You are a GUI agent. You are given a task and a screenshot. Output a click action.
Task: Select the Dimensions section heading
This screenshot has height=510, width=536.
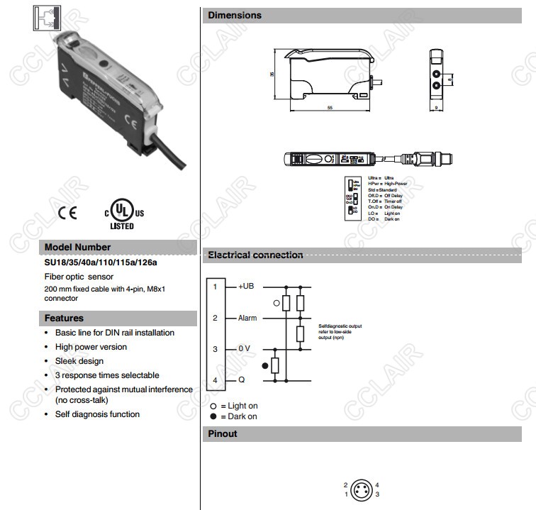[x=235, y=15]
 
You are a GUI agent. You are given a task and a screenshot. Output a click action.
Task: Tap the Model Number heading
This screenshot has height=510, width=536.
[x=78, y=247]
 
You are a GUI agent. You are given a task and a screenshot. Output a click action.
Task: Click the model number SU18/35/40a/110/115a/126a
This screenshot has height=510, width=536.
[x=101, y=262]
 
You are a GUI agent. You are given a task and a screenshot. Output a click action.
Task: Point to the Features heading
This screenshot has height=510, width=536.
[x=64, y=318]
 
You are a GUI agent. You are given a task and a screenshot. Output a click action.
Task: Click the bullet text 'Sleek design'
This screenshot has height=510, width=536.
[x=79, y=361]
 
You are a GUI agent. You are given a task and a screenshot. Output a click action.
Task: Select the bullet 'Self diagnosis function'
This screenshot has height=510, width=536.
[x=97, y=414]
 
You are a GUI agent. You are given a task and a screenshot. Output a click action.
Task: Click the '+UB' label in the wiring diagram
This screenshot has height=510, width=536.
[x=245, y=286]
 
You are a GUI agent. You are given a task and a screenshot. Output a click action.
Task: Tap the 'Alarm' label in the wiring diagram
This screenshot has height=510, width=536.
[x=247, y=318]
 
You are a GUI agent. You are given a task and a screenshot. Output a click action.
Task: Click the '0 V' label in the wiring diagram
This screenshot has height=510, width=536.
[x=245, y=349]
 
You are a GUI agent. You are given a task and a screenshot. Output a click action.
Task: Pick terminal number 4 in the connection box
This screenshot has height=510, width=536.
[x=215, y=380]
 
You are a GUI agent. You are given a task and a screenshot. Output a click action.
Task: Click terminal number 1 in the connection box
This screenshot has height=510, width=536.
[x=215, y=286]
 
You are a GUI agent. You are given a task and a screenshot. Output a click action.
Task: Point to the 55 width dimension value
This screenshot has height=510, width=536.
[x=330, y=107]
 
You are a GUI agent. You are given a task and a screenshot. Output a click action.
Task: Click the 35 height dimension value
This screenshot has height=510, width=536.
[x=272, y=74]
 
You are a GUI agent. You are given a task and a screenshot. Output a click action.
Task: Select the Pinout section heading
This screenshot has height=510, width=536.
[x=223, y=433]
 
